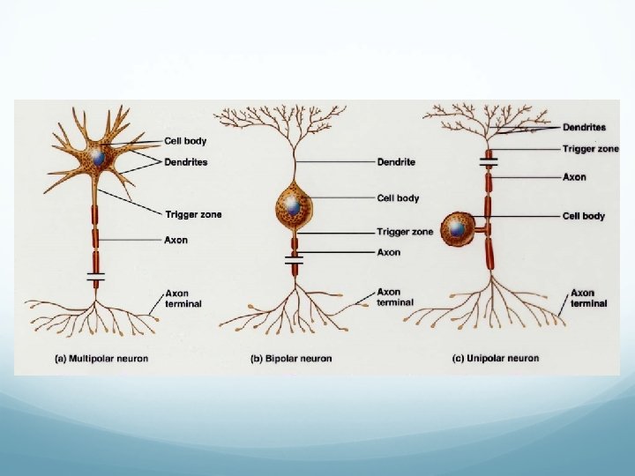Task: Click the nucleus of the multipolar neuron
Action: click(x=100, y=157)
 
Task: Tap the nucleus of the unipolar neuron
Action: click(x=457, y=229)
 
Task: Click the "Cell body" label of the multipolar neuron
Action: click(x=185, y=141)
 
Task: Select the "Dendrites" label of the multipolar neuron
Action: click(x=186, y=162)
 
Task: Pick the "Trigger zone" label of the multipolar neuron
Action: click(x=193, y=214)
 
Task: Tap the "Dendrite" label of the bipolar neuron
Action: click(x=396, y=162)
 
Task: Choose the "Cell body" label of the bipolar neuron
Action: click(x=398, y=198)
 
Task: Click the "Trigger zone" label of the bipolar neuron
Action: click(x=405, y=232)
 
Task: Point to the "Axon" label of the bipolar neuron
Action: click(x=388, y=252)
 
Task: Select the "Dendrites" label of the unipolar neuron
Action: click(x=584, y=128)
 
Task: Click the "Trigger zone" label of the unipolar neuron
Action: click(x=590, y=149)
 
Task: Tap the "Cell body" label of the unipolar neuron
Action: click(x=584, y=216)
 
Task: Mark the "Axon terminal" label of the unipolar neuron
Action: click(x=588, y=298)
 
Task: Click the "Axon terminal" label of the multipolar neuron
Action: click(x=183, y=298)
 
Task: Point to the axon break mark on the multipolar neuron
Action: click(x=95, y=276)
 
